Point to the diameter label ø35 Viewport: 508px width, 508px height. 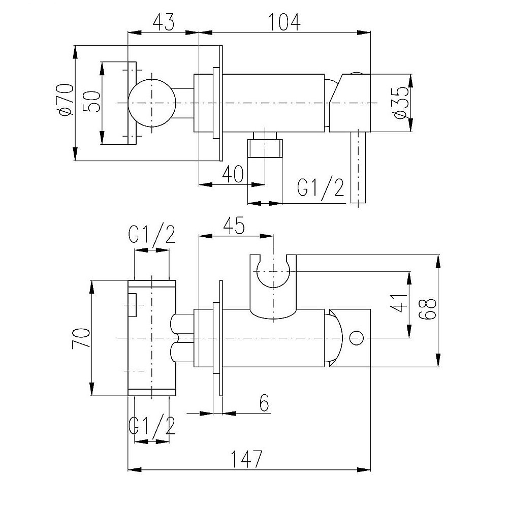[x=400, y=103]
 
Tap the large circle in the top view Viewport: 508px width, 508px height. [x=151, y=103]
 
